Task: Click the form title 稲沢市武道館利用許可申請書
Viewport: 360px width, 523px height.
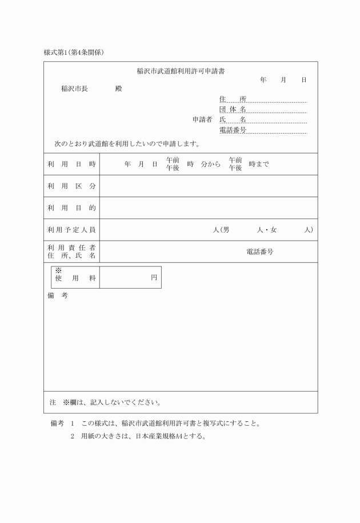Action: tap(180, 71)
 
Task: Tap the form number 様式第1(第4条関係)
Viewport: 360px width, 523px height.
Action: tap(74, 52)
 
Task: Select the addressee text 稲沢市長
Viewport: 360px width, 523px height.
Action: tap(74, 89)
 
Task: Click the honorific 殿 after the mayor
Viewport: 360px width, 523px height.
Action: tap(118, 89)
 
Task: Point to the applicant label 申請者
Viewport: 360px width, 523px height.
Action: tap(202, 119)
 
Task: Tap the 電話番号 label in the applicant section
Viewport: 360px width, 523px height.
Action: tap(233, 130)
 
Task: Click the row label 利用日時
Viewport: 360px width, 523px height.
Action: tap(71, 164)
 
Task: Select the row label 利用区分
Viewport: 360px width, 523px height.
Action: tap(71, 186)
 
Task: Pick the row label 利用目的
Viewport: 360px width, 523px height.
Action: tap(71, 208)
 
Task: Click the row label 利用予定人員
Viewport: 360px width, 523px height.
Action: tap(71, 230)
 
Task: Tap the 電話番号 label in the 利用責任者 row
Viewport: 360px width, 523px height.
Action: tap(259, 251)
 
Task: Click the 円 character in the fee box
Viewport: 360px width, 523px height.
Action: tap(154, 277)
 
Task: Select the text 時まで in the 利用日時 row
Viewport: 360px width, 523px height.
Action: tap(259, 164)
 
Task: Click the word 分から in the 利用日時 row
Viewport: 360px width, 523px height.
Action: tap(211, 164)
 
